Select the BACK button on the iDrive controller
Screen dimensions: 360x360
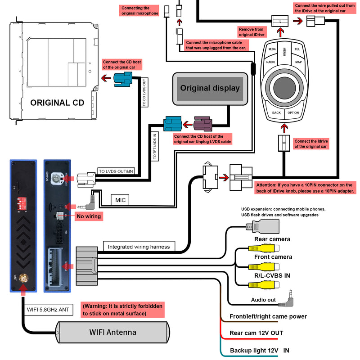coord(276,113)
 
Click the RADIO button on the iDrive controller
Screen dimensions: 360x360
coord(270,62)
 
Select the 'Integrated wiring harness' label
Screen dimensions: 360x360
coord(139,247)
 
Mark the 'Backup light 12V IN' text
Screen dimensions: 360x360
coord(260,350)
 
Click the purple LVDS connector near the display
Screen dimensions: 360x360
coord(205,124)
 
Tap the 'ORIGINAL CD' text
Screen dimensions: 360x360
coord(57,103)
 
